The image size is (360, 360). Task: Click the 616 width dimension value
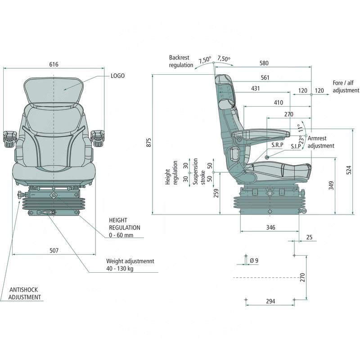54,64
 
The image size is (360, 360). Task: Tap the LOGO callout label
117,76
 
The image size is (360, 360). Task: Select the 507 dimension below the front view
54,250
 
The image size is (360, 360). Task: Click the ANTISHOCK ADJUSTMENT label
25,293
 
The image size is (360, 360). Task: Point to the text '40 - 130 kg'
120,269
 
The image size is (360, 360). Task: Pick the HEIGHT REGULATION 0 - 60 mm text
125,228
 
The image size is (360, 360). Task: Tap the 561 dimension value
265,77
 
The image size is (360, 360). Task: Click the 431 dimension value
255,89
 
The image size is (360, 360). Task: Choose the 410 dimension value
279,103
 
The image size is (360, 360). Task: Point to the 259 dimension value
216,193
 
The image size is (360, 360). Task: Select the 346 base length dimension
270,228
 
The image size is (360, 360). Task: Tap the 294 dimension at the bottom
270,301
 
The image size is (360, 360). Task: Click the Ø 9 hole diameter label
254,261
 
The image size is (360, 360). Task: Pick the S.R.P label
277,146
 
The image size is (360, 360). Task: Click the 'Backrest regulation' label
181,61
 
